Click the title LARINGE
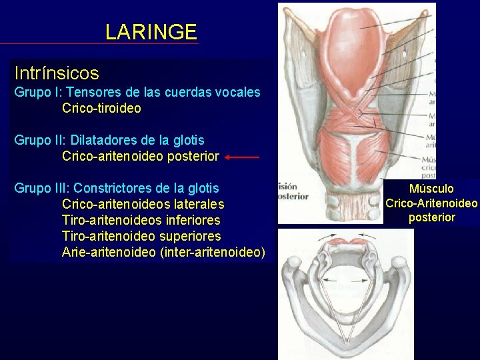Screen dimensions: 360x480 151,32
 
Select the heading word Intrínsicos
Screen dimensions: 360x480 57,73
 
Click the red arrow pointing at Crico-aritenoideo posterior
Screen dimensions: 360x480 241,157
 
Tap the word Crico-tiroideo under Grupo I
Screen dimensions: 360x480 101,108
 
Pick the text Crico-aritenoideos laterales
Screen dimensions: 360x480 143,204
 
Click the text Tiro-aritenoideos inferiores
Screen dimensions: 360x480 141,220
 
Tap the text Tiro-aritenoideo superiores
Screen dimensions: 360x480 141,236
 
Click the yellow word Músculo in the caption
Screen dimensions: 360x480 431,189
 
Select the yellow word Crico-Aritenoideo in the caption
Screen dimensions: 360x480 431,203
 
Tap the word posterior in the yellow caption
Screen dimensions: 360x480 431,217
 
